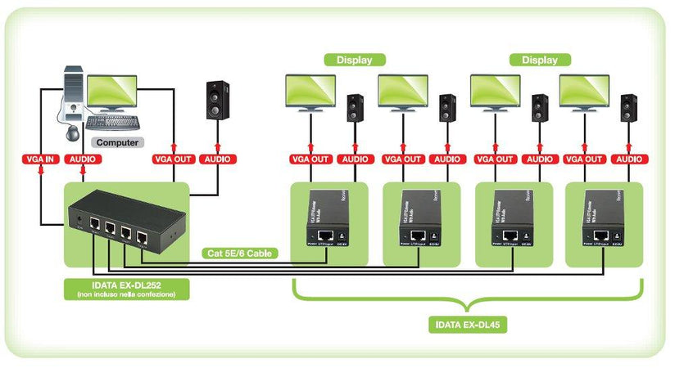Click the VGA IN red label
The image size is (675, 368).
(x=39, y=159)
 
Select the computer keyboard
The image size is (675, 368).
(x=113, y=123)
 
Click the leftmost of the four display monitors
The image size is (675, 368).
(x=310, y=92)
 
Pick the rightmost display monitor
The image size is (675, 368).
(x=585, y=92)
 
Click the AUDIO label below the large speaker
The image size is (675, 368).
(x=217, y=159)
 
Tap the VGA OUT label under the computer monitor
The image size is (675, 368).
(x=172, y=159)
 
